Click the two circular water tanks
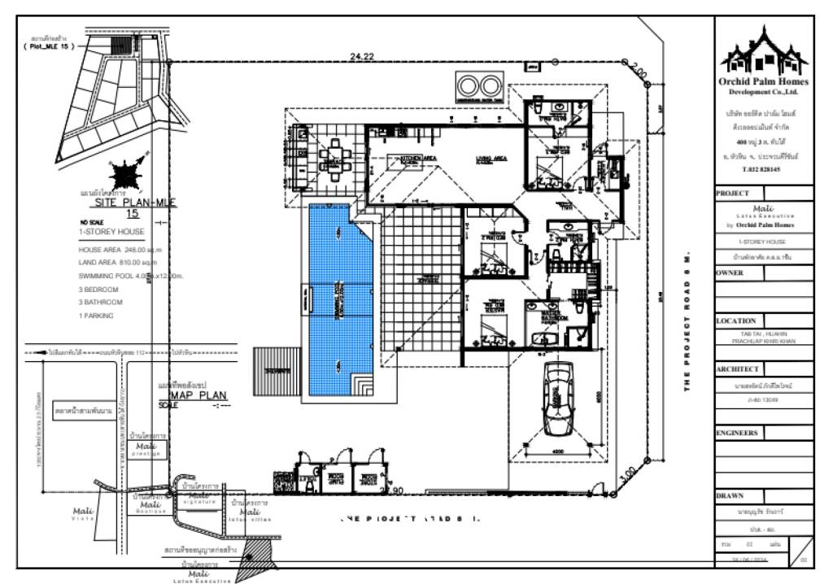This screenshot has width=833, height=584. tap(478, 85)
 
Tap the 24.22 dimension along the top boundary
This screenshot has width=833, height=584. tap(362, 56)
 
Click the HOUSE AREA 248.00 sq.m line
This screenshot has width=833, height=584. tap(120, 250)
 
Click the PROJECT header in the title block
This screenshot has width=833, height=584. tap(734, 194)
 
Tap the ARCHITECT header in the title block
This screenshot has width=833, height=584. tap(738, 368)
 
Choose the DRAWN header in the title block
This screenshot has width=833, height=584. tap(730, 495)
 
